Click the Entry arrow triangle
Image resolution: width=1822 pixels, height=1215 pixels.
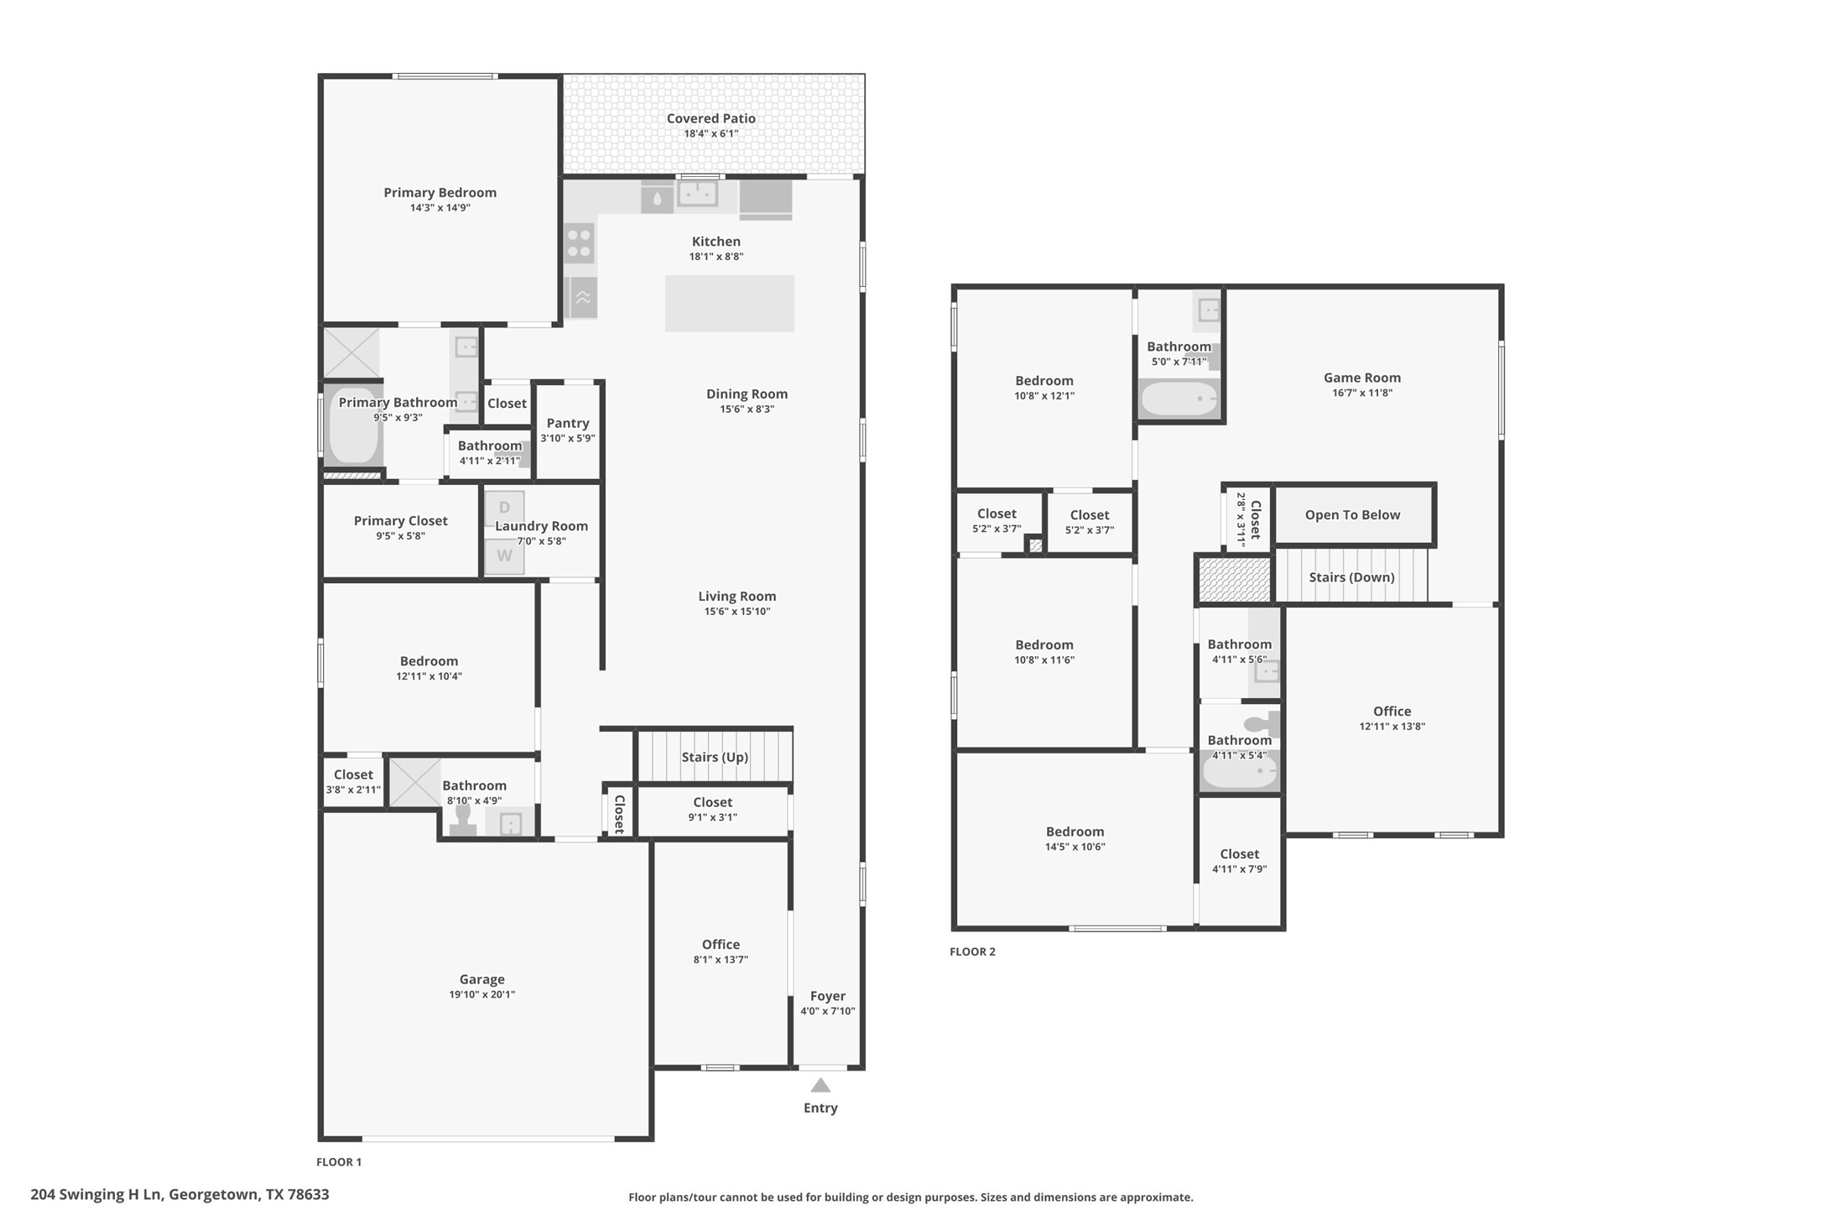click(x=820, y=1085)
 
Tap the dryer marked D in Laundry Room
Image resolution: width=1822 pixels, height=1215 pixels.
click(x=504, y=508)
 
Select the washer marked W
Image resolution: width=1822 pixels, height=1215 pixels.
click(x=504, y=556)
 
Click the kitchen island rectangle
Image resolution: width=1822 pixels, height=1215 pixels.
click(x=729, y=304)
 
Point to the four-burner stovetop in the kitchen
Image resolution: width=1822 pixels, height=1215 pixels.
click(x=579, y=242)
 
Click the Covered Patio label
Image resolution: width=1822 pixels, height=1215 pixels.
click(x=711, y=118)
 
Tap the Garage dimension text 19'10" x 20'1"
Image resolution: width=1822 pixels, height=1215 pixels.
click(x=482, y=994)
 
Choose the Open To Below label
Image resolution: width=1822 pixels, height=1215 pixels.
click(x=1351, y=515)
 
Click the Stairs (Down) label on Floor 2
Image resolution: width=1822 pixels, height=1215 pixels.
click(x=1351, y=577)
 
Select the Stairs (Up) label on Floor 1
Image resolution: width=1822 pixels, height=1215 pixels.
click(x=714, y=757)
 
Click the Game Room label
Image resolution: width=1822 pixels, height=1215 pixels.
click(x=1361, y=378)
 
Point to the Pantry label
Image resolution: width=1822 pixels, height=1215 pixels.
click(x=568, y=423)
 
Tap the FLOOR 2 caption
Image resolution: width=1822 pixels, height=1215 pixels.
click(x=972, y=952)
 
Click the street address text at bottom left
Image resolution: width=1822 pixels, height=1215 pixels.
click(x=180, y=1194)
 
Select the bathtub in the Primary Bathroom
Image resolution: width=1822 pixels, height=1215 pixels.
click(x=352, y=425)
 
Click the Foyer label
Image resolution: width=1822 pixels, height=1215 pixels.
click(x=827, y=996)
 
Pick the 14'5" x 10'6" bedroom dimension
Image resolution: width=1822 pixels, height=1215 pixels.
click(x=1075, y=847)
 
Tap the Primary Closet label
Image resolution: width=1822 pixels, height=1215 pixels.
click(x=400, y=521)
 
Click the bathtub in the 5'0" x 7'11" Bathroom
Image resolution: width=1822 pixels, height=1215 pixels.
click(x=1179, y=399)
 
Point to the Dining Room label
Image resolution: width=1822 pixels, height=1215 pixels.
click(x=747, y=394)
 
